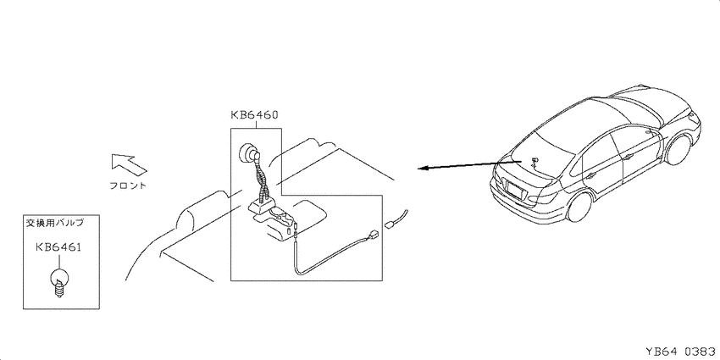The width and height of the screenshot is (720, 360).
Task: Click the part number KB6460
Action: coord(254,115)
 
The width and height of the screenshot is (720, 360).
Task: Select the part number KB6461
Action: coord(58,248)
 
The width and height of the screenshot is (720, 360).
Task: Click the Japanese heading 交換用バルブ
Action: coord(53,224)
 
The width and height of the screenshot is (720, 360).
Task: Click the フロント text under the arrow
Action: coord(128,186)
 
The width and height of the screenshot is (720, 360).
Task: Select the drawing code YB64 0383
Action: coord(681,352)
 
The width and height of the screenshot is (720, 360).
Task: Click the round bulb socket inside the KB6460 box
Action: coord(250,152)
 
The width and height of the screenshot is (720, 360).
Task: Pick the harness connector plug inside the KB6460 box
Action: coord(373,237)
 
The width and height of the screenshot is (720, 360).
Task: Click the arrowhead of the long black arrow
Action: coord(424,168)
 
